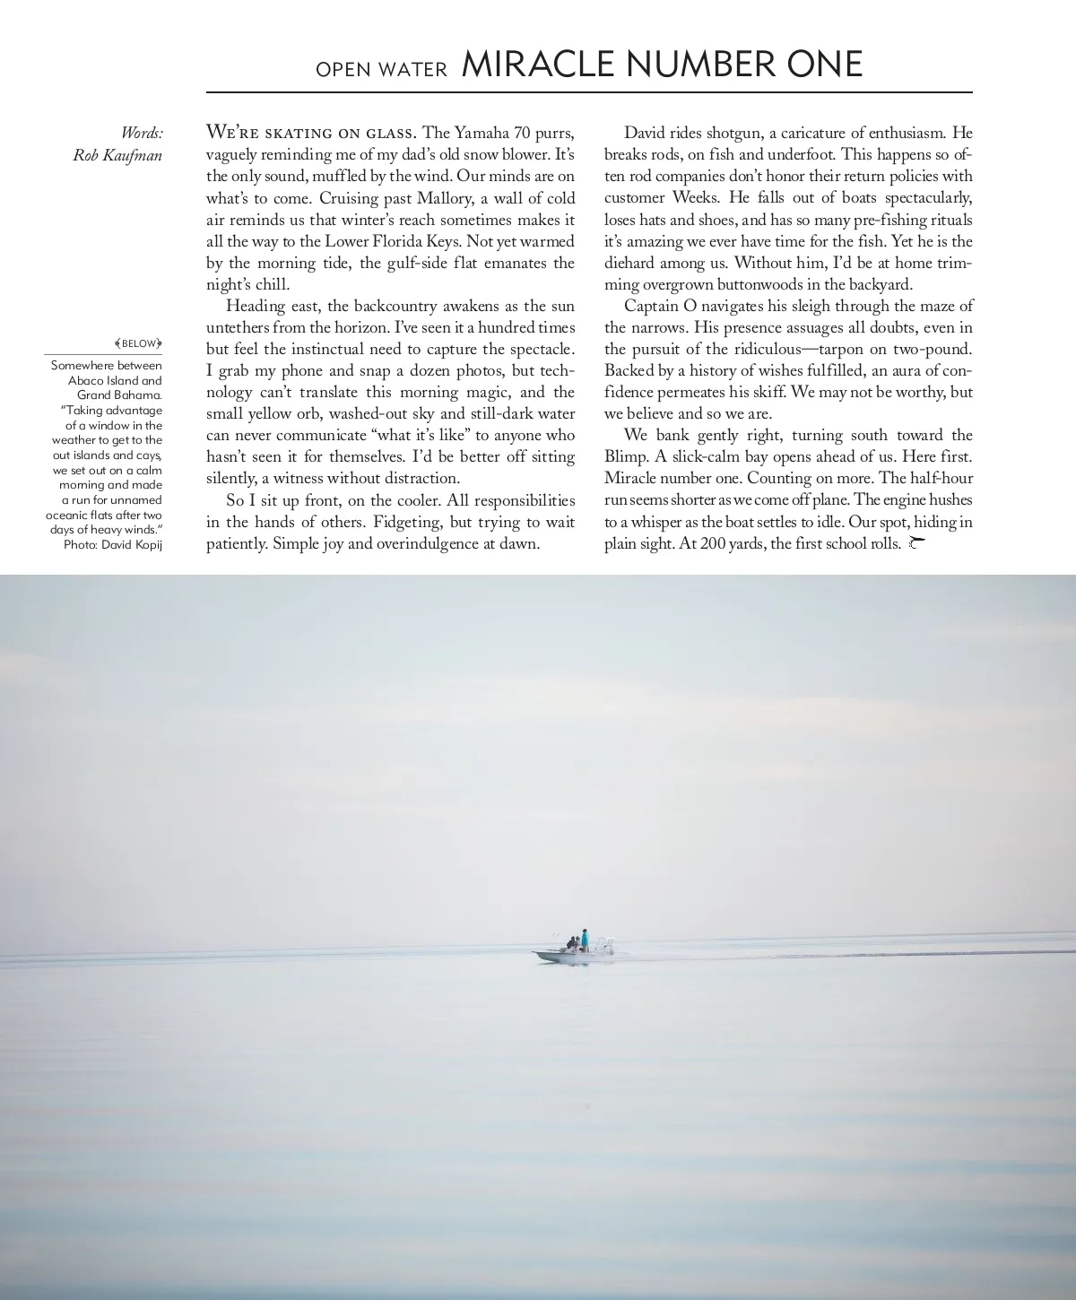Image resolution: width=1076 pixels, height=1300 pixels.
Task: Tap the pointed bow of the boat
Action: pos(536,954)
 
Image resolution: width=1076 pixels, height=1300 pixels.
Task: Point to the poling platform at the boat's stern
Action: pos(607,941)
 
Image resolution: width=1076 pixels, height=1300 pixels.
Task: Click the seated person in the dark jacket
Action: pos(572,943)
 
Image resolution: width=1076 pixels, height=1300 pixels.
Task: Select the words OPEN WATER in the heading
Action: pos(381,70)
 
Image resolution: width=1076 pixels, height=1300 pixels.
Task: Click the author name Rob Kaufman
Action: pos(117,155)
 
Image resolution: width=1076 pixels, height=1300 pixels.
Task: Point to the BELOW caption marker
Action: pos(139,343)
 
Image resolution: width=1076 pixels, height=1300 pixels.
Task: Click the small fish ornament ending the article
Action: pos(915,542)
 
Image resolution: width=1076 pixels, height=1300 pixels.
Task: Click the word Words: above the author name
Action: pos(142,133)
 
